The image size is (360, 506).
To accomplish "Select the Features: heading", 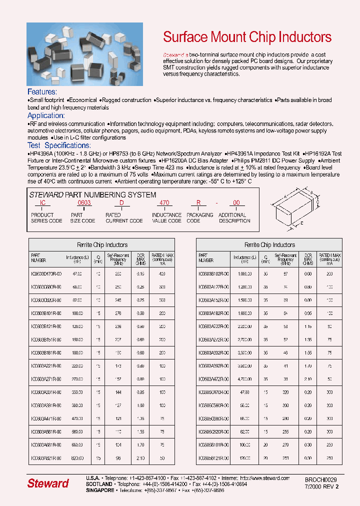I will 42,92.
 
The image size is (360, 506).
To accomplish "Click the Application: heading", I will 45,115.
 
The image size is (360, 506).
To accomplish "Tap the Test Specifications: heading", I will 59,145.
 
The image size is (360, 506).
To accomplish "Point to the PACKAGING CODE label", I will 199,217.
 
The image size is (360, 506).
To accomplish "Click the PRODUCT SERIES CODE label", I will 46,217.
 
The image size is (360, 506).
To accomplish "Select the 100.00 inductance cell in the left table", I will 77,313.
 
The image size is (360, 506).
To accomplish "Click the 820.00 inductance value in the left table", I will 77,458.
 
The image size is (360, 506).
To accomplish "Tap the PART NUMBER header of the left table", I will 38,258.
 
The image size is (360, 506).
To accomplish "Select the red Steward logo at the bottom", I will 48,483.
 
